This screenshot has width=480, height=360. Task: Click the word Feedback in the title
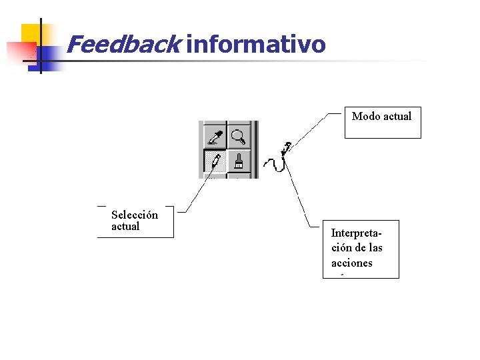tap(123, 45)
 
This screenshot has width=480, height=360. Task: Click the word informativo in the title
tap(256, 45)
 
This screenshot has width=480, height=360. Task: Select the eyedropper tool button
tap(214, 137)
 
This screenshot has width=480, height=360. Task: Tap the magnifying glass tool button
tap(238, 137)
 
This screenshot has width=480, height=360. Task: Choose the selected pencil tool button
tap(214, 161)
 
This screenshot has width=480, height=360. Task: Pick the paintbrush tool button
tap(238, 161)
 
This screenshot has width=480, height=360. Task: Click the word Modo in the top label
tap(365, 117)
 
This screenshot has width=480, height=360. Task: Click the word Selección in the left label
tap(135, 215)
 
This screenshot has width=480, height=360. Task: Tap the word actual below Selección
tap(125, 227)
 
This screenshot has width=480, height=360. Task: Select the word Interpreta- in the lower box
tap(357, 233)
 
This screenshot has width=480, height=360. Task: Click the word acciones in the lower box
tap(351, 263)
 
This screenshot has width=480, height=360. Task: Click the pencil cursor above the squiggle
tap(286, 148)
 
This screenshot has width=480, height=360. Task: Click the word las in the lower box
tap(375, 248)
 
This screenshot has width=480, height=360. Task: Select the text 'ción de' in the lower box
tap(347, 248)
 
